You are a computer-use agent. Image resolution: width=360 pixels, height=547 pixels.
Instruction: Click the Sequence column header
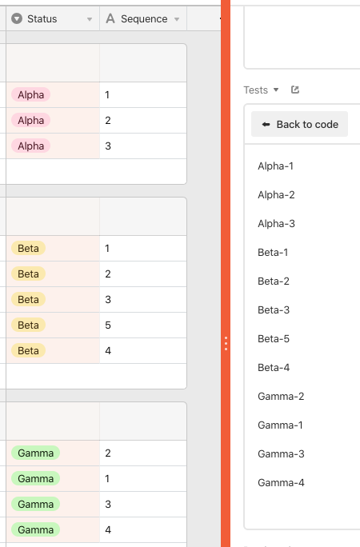[x=143, y=19]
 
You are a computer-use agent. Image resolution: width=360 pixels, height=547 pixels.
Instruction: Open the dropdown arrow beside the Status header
[x=90, y=19]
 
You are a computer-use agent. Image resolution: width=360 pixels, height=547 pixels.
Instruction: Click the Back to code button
[x=299, y=124]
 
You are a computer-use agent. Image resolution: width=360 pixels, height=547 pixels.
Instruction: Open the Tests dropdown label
[x=261, y=90]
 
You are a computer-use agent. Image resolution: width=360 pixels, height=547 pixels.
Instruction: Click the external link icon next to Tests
[x=295, y=90]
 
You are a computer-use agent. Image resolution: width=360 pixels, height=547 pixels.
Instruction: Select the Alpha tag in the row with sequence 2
[x=30, y=120]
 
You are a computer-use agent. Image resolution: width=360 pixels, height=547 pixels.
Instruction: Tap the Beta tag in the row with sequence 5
[x=28, y=325]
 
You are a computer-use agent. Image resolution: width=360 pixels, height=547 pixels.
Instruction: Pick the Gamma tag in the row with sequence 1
[x=35, y=478]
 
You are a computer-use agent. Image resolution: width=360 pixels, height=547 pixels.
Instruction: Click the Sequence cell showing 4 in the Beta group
[x=143, y=350]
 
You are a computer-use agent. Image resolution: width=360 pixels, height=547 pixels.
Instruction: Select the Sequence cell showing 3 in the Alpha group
[x=143, y=146]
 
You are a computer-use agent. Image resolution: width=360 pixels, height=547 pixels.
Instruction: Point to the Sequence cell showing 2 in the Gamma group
[x=143, y=453]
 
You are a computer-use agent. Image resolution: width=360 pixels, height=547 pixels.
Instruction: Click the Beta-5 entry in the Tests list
[x=274, y=339]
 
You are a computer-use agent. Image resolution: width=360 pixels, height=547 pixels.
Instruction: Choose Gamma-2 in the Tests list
[x=281, y=397]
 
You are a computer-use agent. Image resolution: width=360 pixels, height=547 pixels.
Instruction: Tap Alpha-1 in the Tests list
[x=275, y=166]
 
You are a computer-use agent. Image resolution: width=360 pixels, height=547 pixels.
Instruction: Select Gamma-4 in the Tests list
[x=281, y=483]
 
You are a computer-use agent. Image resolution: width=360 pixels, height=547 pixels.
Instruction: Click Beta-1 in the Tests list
[x=273, y=252]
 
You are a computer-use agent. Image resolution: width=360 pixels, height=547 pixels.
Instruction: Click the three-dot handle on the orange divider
[x=226, y=344]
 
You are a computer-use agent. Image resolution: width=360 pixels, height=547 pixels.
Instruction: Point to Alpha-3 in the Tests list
[x=276, y=224]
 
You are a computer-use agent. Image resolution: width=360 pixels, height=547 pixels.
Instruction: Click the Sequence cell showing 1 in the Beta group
[x=143, y=249]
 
